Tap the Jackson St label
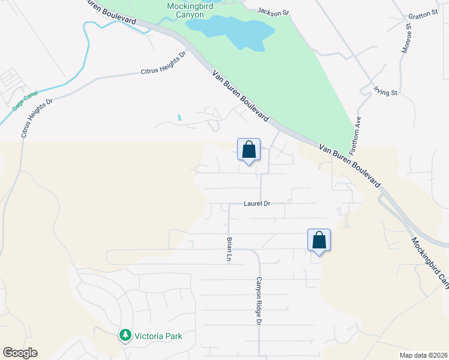(x=273, y=11)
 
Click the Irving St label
(x=386, y=92)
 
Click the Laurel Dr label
(x=257, y=204)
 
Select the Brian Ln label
(x=229, y=248)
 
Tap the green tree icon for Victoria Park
(x=125, y=335)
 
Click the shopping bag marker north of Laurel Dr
(x=249, y=150)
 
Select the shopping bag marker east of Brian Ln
(x=319, y=240)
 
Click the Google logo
(x=20, y=353)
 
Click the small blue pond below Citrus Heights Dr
(x=179, y=118)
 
